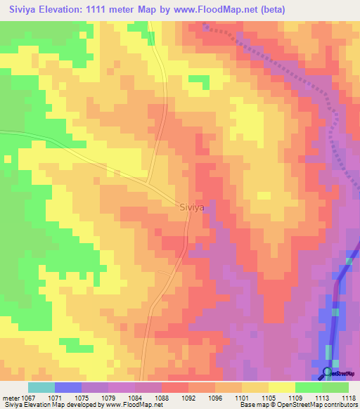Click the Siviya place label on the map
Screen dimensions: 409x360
point(193,207)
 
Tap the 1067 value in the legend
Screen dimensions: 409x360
point(28,397)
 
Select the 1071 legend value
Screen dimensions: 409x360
point(55,397)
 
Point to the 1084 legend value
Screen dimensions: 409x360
point(135,397)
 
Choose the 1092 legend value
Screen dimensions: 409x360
point(188,397)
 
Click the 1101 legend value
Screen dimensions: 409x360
point(242,397)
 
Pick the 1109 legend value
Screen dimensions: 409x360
point(295,397)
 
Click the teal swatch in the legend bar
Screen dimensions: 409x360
point(41,387)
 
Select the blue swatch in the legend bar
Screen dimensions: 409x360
point(68,387)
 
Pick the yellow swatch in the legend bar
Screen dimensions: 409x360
point(282,387)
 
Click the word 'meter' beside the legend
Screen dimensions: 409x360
point(10,397)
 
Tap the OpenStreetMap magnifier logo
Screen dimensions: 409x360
point(327,372)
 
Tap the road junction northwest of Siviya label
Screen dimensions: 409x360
point(148,181)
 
